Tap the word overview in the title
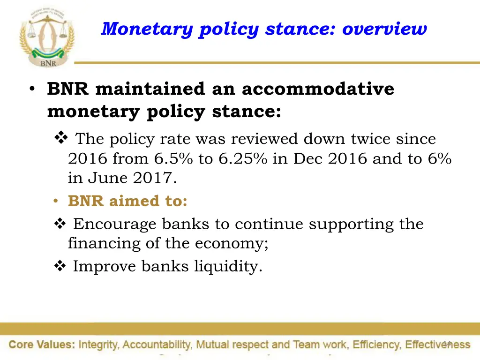(x=385, y=29)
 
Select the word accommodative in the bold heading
(x=318, y=89)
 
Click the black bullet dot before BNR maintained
(x=31, y=90)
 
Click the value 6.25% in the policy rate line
(x=242, y=159)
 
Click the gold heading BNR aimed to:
(x=127, y=201)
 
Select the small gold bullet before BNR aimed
(x=55, y=202)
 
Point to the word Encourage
(x=115, y=224)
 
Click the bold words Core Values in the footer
(x=42, y=345)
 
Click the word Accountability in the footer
(x=157, y=345)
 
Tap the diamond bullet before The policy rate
(x=61, y=139)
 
